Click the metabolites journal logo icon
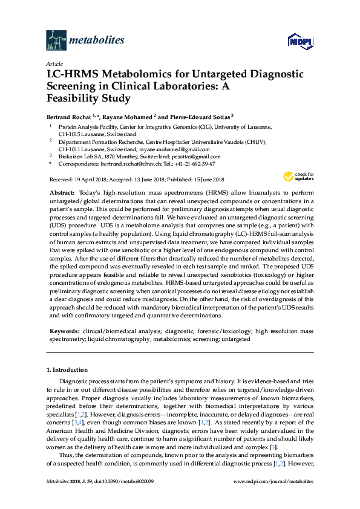click(x=56, y=41)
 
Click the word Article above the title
click(x=54, y=63)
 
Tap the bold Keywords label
click(x=62, y=332)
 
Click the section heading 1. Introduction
click(x=67, y=369)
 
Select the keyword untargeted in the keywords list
click(x=235, y=340)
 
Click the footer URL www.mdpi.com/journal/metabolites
click(x=273, y=498)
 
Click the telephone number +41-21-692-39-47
click(x=194, y=163)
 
